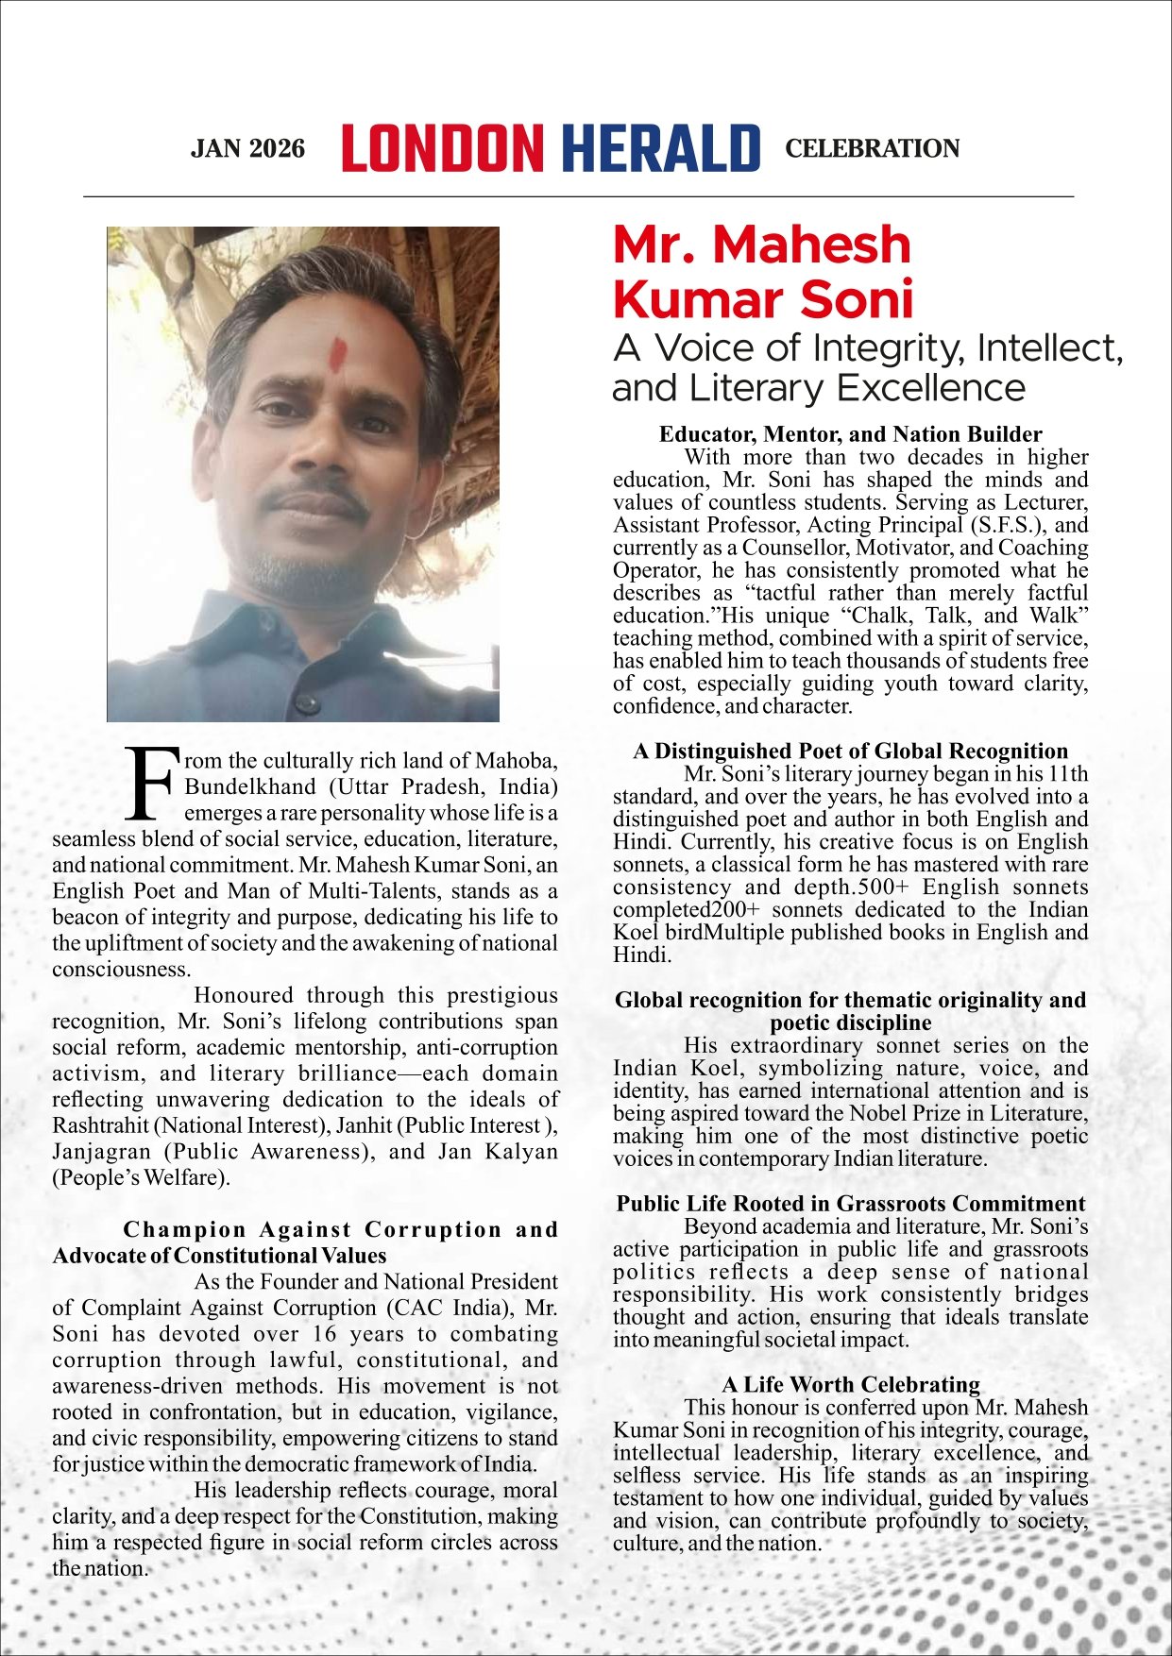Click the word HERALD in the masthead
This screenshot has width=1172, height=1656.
[660, 148]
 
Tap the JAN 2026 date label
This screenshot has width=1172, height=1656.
[247, 149]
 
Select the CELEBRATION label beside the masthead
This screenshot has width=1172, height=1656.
[872, 149]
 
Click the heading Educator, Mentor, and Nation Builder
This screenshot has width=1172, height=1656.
[850, 434]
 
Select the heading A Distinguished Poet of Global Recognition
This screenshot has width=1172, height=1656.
[850, 752]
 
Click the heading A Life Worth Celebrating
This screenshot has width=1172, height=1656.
[850, 1385]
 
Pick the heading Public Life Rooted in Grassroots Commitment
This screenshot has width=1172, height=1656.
[850, 1204]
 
